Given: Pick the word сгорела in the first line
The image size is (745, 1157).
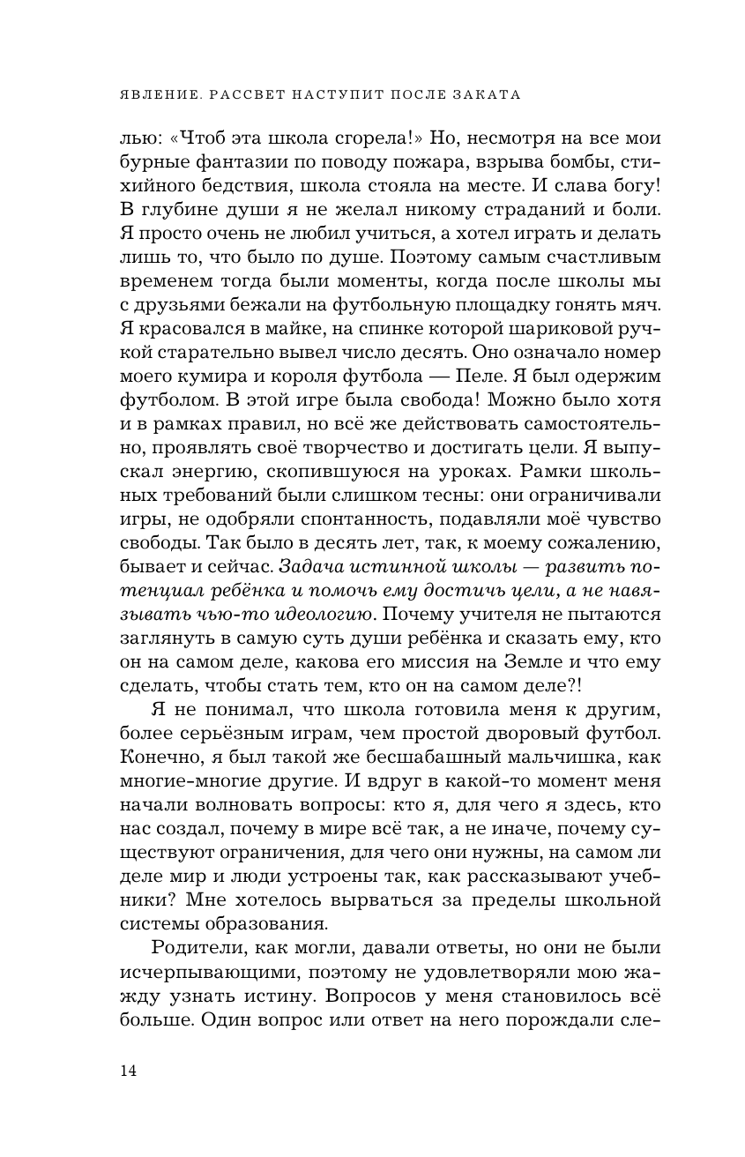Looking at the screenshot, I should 364,139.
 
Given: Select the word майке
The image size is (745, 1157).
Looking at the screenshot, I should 274,336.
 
